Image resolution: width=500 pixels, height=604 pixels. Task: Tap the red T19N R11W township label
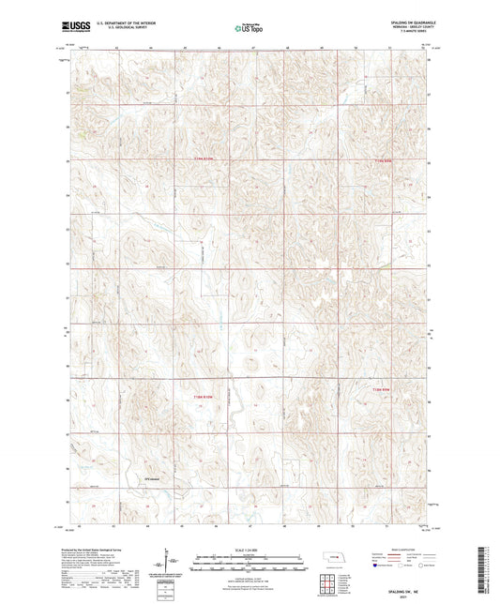[x=379, y=159]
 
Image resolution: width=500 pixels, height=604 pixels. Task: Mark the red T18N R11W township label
[x=379, y=387]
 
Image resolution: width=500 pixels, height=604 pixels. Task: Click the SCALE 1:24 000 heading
[x=249, y=549]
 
